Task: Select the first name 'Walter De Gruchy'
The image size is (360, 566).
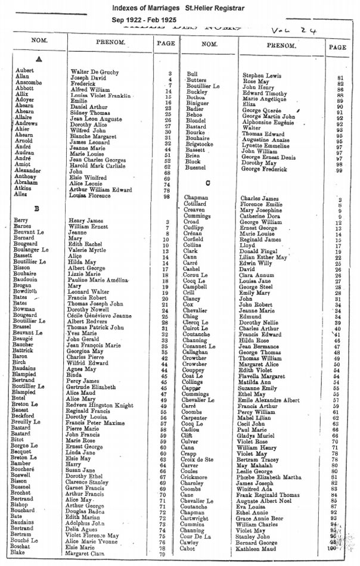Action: (x=88, y=73)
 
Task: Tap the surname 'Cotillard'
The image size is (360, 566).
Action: (x=196, y=204)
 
